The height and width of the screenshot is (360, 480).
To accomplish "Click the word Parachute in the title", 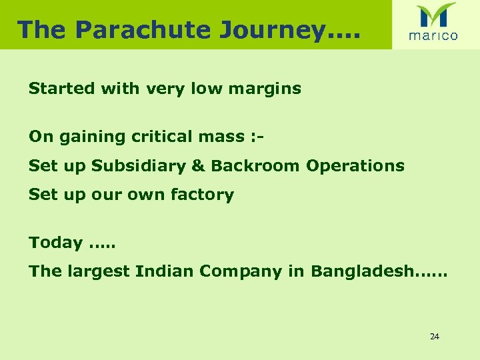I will click(141, 30).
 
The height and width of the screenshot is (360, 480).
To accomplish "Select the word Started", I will click(61, 88).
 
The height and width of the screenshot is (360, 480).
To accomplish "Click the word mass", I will click(227, 137).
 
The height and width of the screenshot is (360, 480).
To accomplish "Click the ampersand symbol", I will click(198, 166).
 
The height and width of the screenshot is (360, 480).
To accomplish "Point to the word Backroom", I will click(255, 166).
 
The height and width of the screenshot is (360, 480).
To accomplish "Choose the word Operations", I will click(355, 167).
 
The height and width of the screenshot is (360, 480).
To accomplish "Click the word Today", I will click(55, 243).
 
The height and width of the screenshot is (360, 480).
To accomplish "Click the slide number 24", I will click(434, 337).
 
